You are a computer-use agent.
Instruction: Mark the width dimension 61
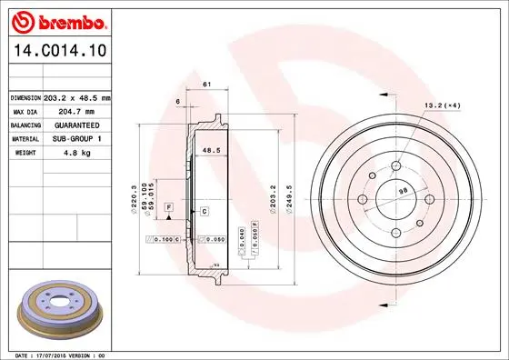tap(206, 85)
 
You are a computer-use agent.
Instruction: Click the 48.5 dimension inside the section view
tap(211, 151)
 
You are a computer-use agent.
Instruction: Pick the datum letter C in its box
tap(205, 212)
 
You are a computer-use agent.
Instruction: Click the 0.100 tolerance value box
tap(165, 239)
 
